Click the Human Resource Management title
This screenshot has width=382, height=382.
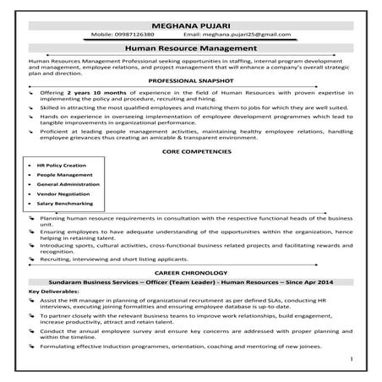[x=190, y=50]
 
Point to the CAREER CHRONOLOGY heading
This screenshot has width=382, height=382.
[x=190, y=274]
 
